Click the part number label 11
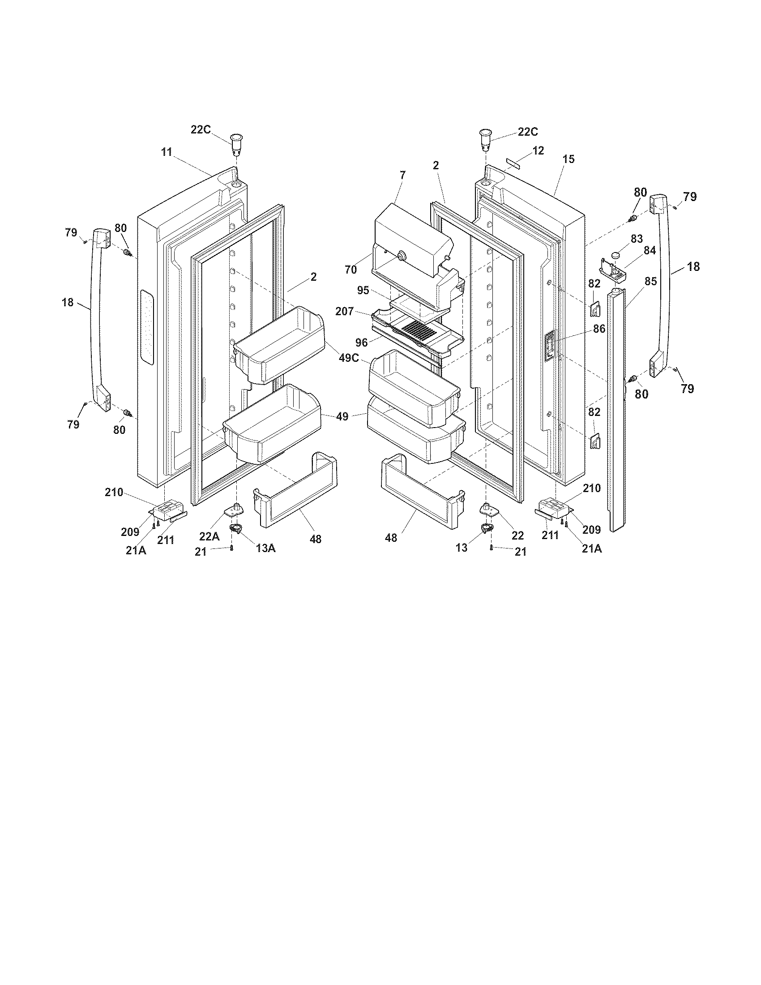click(167, 152)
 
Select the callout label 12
click(538, 150)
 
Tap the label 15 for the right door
click(569, 159)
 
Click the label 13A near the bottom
click(265, 548)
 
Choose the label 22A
click(209, 536)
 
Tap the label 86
click(599, 329)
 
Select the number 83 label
click(637, 238)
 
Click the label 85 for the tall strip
click(650, 282)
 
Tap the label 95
click(363, 291)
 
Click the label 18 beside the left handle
click(68, 302)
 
